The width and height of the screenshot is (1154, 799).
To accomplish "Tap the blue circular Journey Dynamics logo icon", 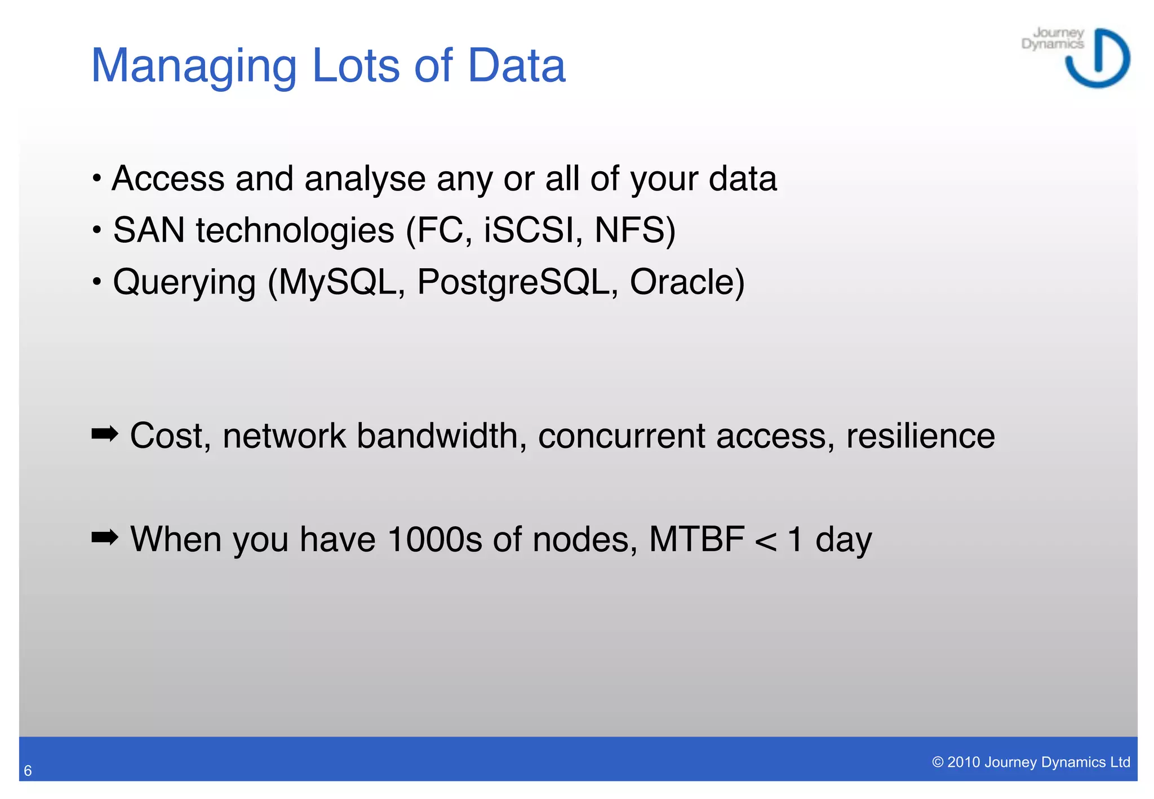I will [x=1098, y=59].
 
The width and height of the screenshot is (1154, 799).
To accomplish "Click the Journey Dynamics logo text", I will [x=1053, y=38].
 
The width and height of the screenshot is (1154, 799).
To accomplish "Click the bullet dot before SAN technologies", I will [x=97, y=230].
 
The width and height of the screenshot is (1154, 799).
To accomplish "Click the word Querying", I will [x=184, y=282].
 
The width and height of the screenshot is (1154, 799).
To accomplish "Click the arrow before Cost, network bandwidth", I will [x=105, y=434].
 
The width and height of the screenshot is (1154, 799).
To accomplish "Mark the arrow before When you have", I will [x=105, y=538].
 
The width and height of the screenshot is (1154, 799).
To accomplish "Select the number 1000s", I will [x=434, y=539].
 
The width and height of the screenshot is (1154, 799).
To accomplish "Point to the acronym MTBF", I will [x=696, y=539].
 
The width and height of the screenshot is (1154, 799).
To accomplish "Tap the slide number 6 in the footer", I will [x=28, y=771].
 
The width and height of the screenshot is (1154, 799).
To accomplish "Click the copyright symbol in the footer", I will [x=938, y=762].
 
